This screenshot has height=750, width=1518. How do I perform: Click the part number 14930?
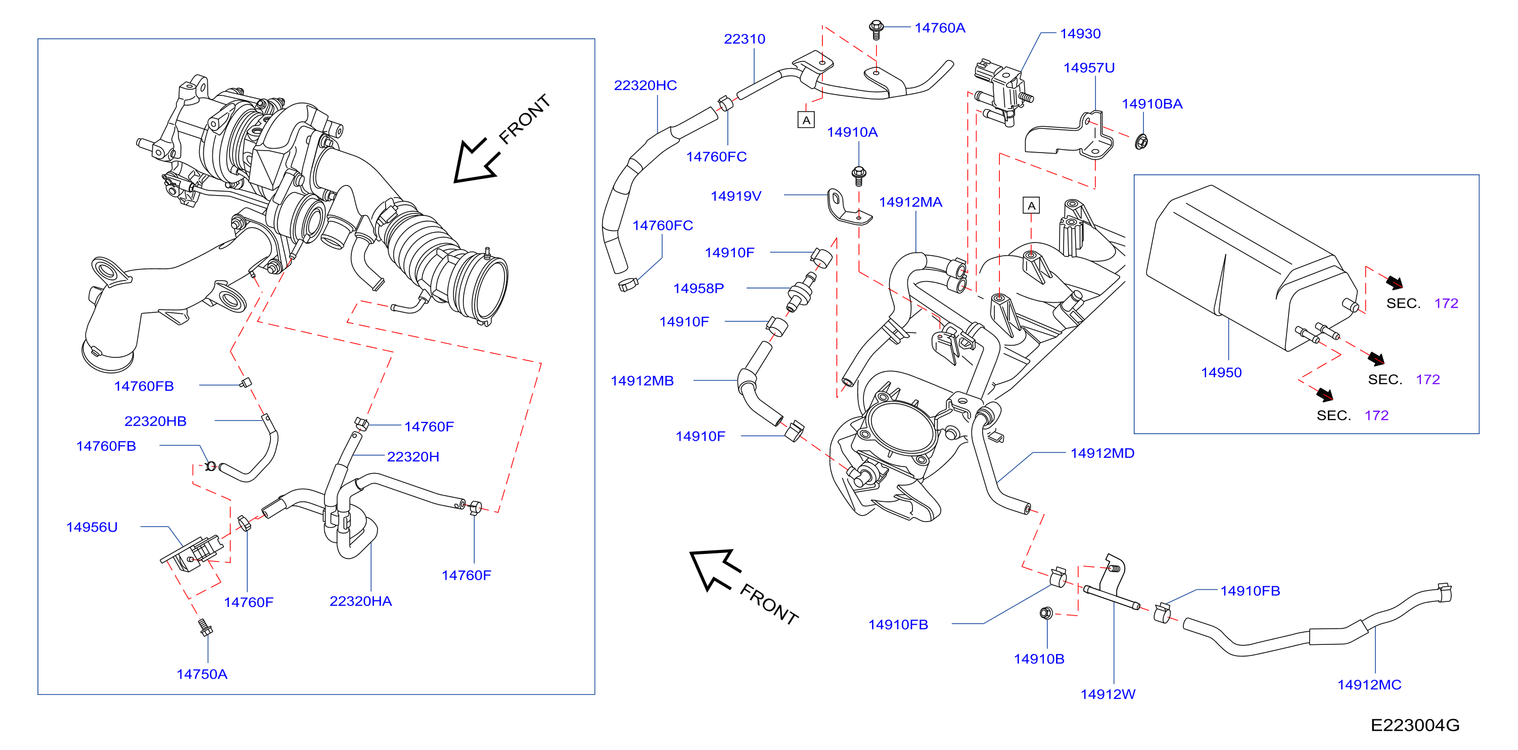(1080, 33)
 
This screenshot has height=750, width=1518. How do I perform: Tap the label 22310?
(744, 39)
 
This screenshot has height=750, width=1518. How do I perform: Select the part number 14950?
(1221, 372)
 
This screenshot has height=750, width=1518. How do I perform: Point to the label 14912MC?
(1369, 685)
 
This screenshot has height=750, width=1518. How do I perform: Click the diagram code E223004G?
(1415, 725)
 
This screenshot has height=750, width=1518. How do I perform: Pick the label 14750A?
(202, 674)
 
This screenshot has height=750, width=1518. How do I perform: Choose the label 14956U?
(92, 527)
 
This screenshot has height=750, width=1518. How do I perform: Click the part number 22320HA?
(360, 601)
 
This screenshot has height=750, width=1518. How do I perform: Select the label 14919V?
(736, 196)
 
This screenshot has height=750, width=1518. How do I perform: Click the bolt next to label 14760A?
(876, 29)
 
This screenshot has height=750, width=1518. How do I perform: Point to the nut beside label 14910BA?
(1141, 142)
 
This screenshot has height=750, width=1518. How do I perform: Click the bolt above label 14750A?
(205, 628)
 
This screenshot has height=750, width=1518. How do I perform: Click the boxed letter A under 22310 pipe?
(806, 120)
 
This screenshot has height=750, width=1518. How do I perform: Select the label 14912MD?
(1102, 453)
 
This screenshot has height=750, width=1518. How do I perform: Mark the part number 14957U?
(1089, 68)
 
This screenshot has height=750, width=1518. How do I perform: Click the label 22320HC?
(646, 85)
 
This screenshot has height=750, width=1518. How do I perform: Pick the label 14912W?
(1108, 694)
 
